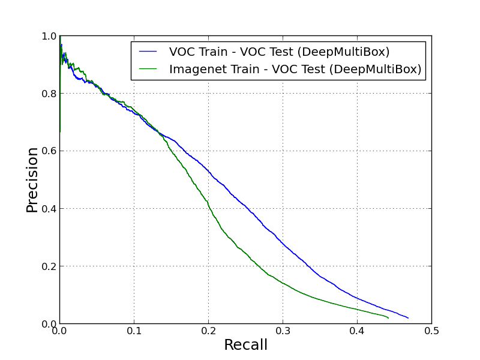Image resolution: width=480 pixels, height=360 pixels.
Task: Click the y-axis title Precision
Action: pos(32,179)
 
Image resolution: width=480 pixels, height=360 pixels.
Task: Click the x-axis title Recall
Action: pos(245,345)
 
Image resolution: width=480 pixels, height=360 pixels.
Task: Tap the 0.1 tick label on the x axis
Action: pos(134,331)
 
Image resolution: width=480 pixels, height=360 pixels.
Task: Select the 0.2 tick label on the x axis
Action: pos(209,331)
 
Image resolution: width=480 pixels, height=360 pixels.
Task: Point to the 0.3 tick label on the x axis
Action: pos(283,331)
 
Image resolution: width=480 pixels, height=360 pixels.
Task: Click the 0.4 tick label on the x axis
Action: pos(358,331)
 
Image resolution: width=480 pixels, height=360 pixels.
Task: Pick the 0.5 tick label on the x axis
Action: pos(431,331)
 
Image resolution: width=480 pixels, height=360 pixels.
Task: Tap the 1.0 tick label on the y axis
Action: pos(49,37)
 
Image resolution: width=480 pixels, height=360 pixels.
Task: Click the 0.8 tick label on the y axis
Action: pos(49,94)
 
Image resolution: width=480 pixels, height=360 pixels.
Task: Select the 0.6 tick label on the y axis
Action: pos(49,152)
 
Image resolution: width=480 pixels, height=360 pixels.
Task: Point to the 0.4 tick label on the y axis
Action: pos(49,209)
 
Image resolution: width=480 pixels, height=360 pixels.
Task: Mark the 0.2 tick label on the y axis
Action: pos(49,267)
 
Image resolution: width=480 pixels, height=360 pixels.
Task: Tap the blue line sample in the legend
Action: pos(148,52)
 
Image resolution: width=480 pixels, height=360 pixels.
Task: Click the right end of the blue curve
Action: pos(408,317)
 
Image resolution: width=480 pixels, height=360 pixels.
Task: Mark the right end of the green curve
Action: pos(388,317)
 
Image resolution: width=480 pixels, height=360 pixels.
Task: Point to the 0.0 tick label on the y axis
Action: pos(49,324)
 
